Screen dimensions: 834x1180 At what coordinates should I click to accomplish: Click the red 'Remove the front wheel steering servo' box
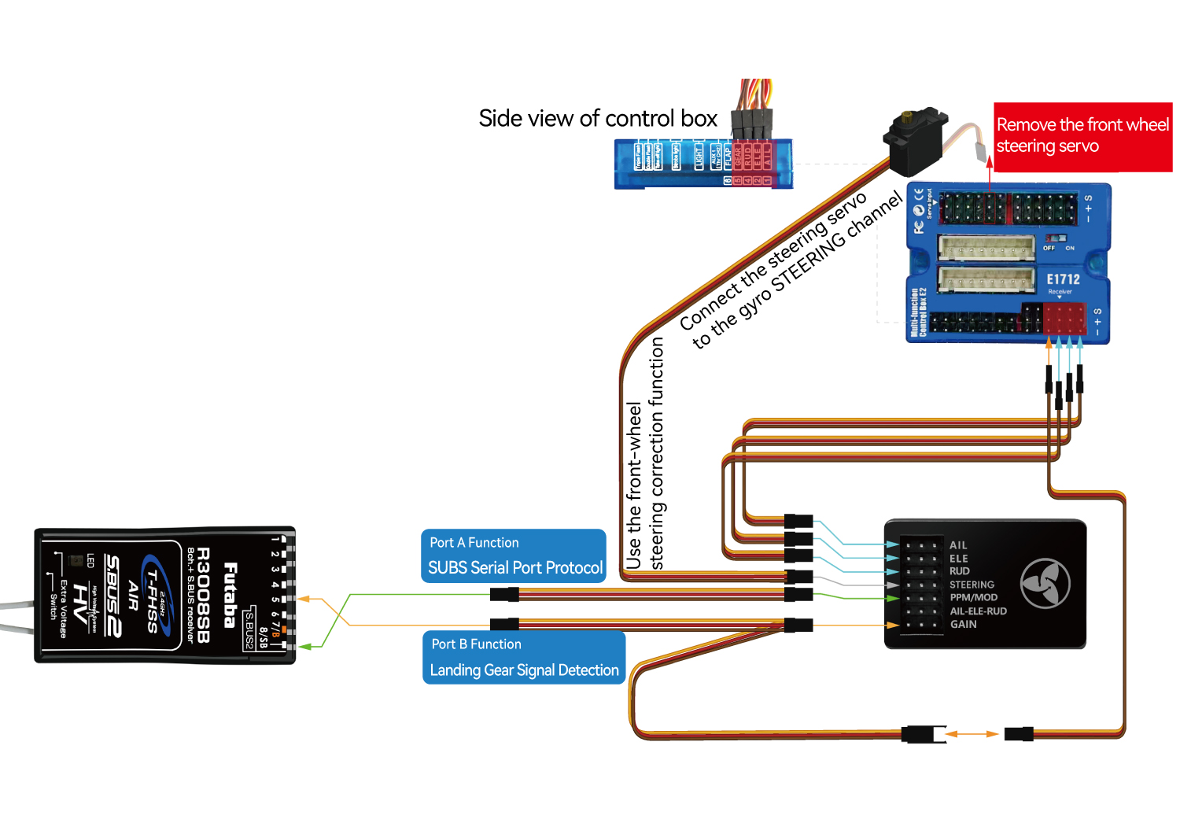[x=1082, y=136]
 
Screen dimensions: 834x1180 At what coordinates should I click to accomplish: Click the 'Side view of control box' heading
[x=598, y=119]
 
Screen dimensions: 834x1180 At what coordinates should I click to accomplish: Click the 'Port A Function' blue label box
[x=513, y=555]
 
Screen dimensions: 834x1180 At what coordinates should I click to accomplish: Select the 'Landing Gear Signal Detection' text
[x=524, y=670]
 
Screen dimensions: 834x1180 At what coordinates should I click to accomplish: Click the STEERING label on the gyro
[x=972, y=585]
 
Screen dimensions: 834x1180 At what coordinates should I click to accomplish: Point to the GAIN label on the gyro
[x=963, y=624]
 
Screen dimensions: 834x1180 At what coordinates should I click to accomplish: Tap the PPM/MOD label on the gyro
[x=973, y=597]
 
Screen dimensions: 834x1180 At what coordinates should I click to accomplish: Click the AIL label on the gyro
[x=957, y=545]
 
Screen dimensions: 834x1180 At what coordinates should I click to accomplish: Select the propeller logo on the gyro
[x=1045, y=584]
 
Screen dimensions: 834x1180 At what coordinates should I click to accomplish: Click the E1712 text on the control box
[x=1063, y=279]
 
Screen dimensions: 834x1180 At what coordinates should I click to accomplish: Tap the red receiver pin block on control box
[x=1064, y=319]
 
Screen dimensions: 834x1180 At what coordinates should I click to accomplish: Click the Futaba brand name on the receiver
[x=230, y=595]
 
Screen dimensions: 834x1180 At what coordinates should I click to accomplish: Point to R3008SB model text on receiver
[x=204, y=595]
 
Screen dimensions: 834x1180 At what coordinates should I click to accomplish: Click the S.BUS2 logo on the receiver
[x=112, y=596]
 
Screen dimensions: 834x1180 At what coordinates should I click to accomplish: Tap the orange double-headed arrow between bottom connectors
[x=972, y=734]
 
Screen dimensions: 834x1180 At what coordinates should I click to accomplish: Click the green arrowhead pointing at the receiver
[x=306, y=646]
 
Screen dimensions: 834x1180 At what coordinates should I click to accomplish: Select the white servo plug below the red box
[x=980, y=149]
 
